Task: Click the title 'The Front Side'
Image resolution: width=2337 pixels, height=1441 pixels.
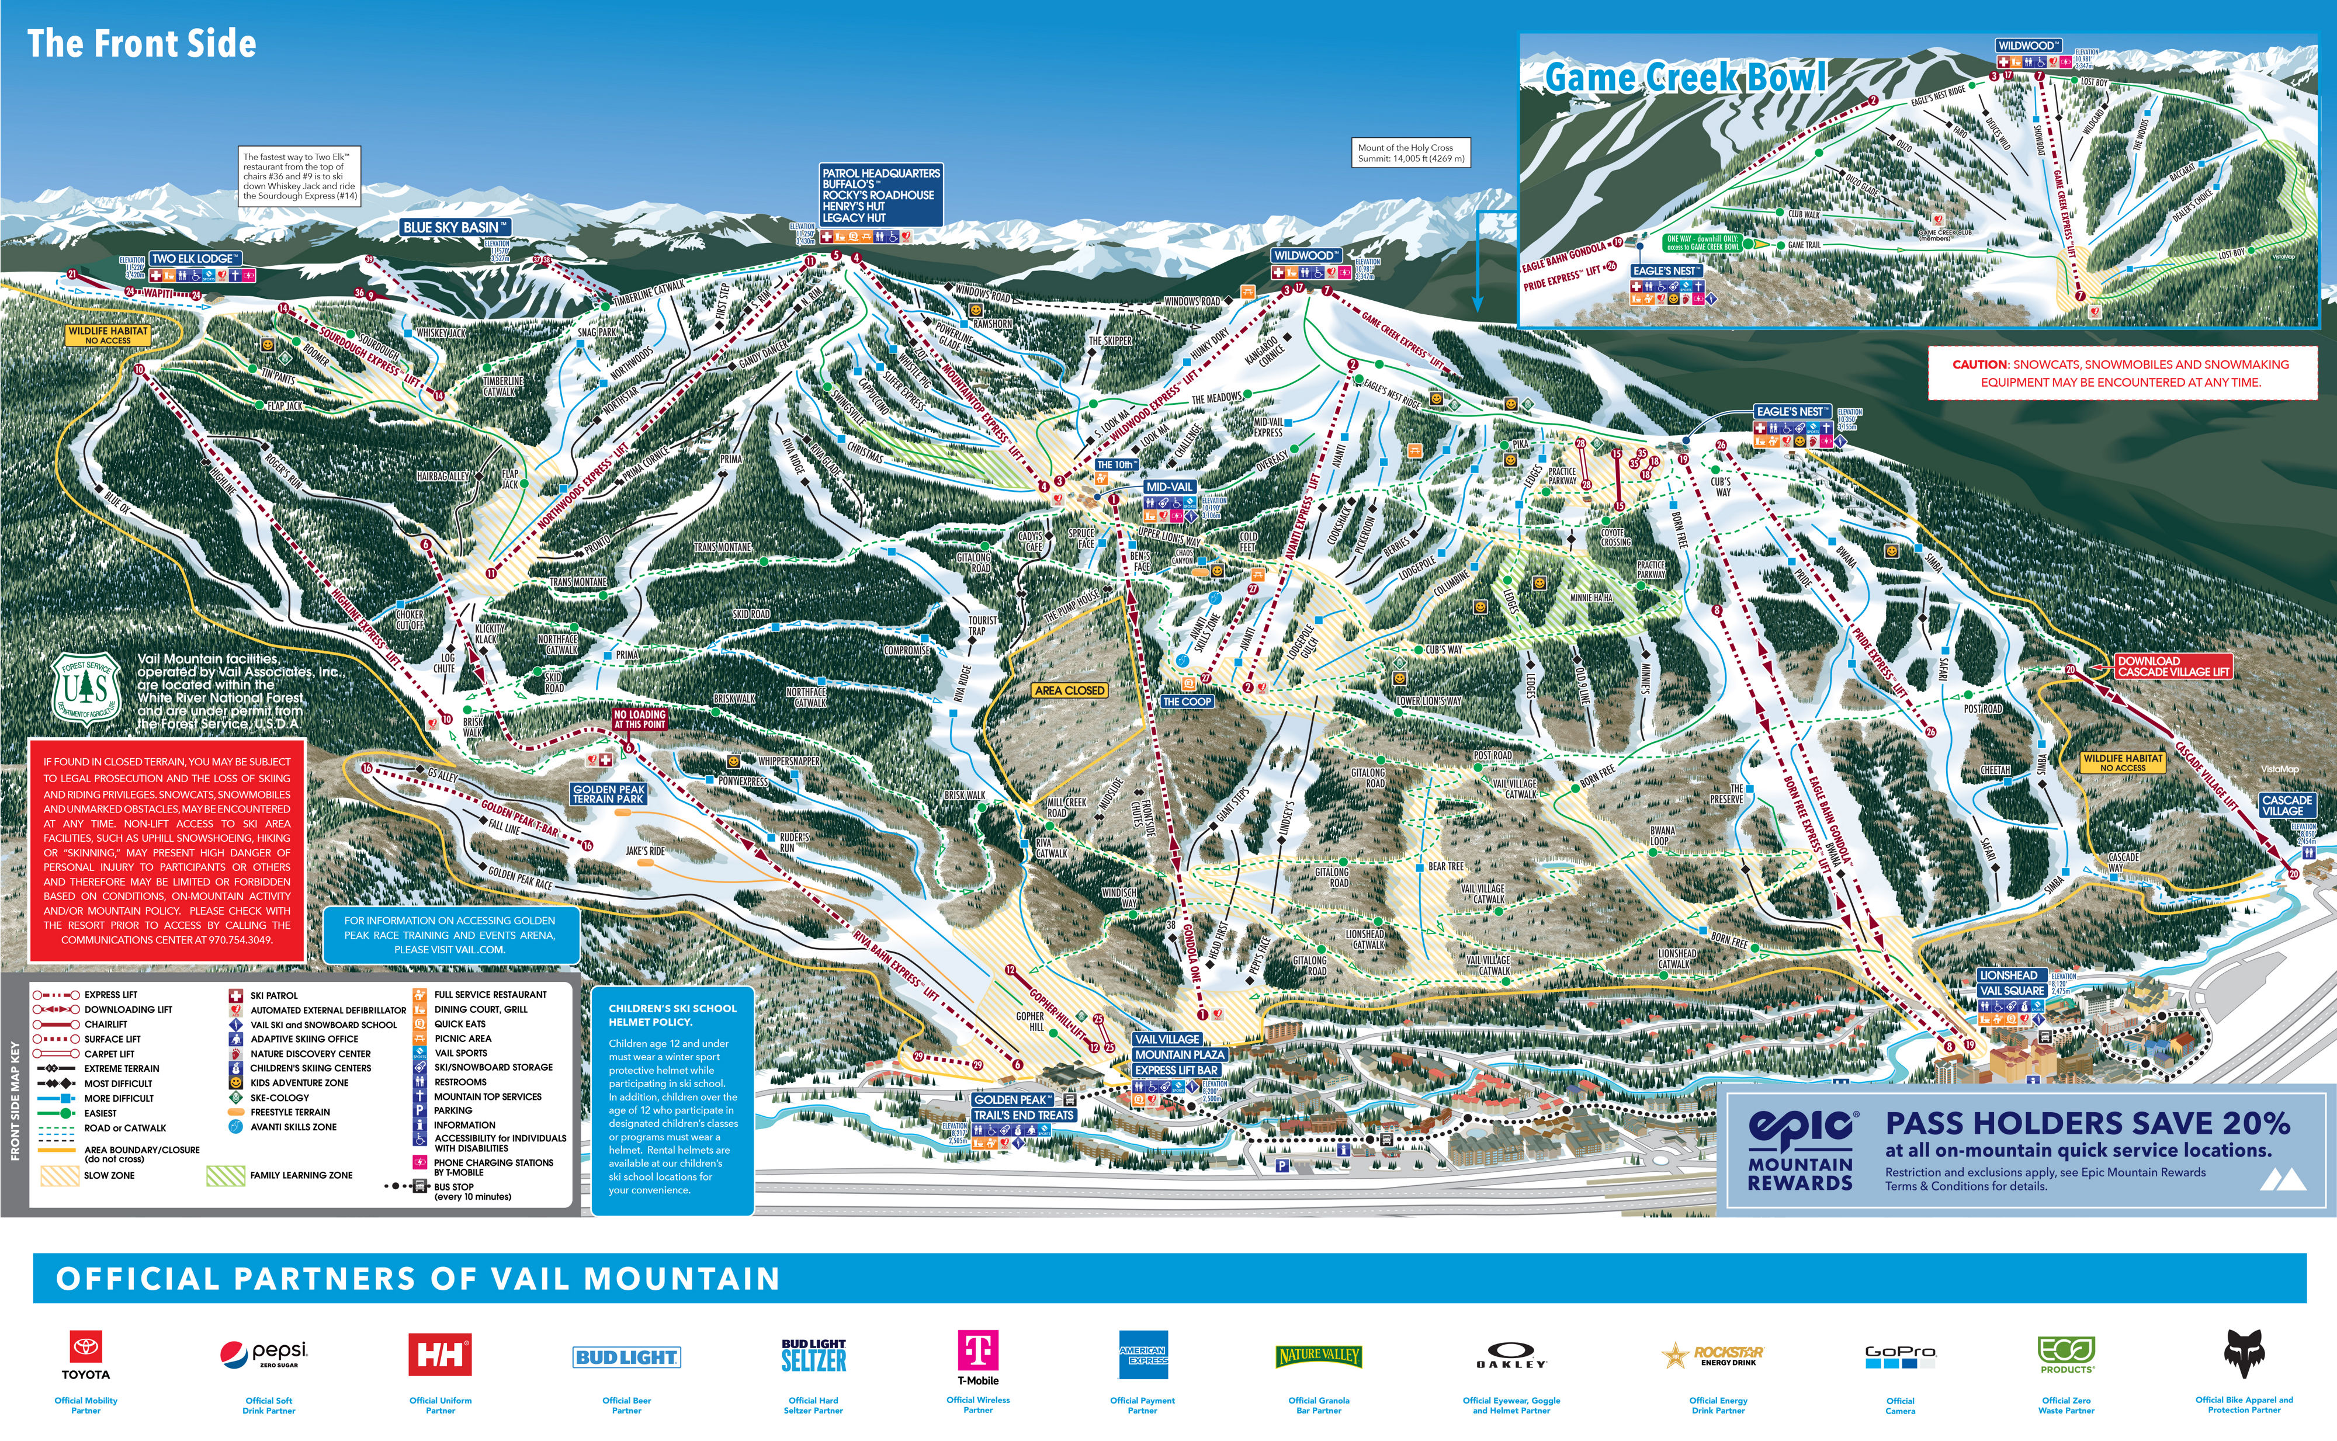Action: [x=141, y=44]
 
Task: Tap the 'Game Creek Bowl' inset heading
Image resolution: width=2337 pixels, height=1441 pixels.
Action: [x=1685, y=77]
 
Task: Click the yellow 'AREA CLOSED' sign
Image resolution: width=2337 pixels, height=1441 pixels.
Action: [x=1069, y=690]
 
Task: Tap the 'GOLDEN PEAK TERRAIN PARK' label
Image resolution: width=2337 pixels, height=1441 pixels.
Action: [x=609, y=794]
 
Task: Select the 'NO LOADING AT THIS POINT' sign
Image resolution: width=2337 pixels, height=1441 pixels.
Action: [x=640, y=718]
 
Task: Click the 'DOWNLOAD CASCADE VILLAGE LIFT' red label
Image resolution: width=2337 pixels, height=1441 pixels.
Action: [x=2172, y=666]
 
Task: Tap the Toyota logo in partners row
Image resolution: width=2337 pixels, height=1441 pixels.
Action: [x=86, y=1353]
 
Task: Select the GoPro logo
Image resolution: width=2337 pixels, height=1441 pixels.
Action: [x=1899, y=1357]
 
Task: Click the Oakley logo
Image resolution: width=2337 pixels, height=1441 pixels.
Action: [x=1511, y=1355]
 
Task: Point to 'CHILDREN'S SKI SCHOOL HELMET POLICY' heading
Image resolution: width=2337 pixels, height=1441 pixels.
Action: [x=672, y=1014]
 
